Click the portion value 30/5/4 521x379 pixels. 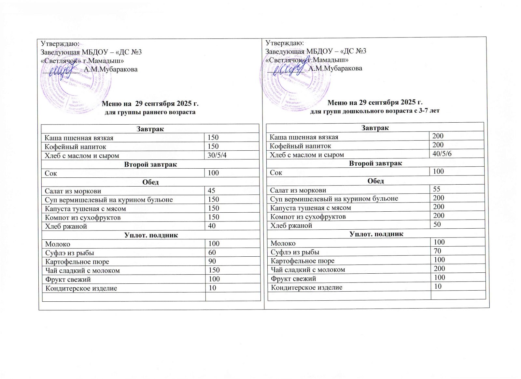tap(217, 155)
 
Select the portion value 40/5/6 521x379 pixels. tap(442, 154)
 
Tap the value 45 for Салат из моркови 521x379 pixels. tap(211, 190)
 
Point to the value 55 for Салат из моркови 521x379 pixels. tap(436, 189)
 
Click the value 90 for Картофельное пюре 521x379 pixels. tap(212, 261)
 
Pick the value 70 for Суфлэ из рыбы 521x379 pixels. tap(437, 251)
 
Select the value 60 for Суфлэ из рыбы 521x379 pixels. tap(212, 252)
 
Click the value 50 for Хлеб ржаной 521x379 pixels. tap(437, 224)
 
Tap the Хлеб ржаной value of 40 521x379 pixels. tap(212, 226)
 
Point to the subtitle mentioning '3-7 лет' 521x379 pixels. tap(374, 111)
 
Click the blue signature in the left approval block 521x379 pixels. tap(62, 70)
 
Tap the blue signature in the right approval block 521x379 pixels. tap(287, 69)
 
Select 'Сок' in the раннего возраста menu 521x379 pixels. tap(50, 173)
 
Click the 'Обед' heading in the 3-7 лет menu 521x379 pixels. tap(375, 180)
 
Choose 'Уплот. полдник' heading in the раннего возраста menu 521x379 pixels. tap(151, 235)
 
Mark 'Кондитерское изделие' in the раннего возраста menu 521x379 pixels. tap(81, 288)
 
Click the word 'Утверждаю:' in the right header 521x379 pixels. tap(285, 43)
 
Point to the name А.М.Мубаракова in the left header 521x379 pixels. tap(111, 69)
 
